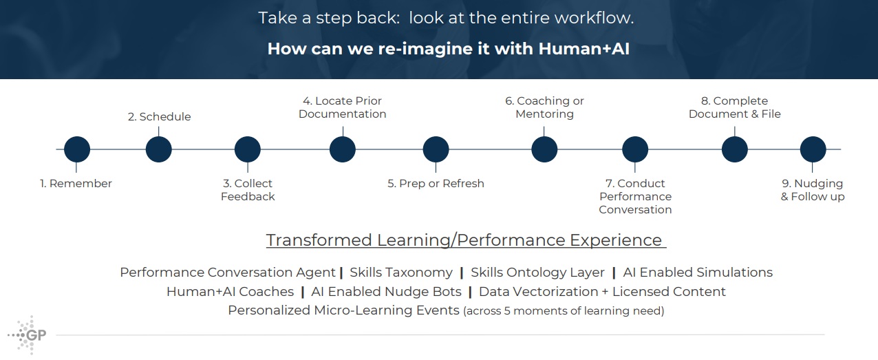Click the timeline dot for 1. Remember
tap(77, 149)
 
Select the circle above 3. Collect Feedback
tap(248, 149)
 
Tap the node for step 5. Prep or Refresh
tap(436, 149)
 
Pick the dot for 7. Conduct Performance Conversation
tap(635, 149)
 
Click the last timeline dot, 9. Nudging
tap(813, 149)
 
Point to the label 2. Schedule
tap(159, 117)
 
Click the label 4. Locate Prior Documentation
tap(342, 107)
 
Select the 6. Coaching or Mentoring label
tap(544, 107)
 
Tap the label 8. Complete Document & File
tap(734, 107)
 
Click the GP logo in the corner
tap(28, 335)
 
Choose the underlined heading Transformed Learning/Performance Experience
tap(466, 240)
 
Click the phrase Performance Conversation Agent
tap(228, 273)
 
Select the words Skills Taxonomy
tap(401, 273)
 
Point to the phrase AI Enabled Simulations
tap(698, 273)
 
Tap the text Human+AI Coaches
tap(230, 292)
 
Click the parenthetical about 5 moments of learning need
tap(564, 311)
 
